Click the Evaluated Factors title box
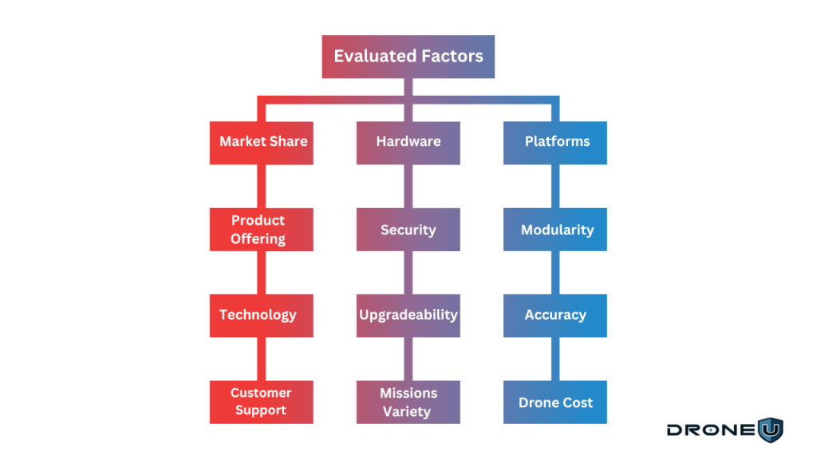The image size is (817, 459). pos(408,57)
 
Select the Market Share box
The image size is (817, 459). pos(262,143)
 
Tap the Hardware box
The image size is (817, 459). pos(408,143)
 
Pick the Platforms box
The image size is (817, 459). pos(555,143)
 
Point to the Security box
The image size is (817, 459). pos(408,229)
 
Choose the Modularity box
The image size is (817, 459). pos(555,229)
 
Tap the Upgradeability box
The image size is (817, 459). pos(408,316)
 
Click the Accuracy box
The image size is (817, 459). pos(555,316)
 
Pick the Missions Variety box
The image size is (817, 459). pos(408,402)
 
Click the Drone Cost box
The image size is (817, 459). pos(555,402)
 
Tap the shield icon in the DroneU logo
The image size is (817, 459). pos(770,430)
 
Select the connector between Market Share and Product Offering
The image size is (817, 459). pos(259,186)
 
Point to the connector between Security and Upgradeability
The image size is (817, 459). pos(408,273)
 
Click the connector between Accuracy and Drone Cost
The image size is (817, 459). pos(557,359)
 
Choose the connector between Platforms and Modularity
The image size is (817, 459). pos(557,186)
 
